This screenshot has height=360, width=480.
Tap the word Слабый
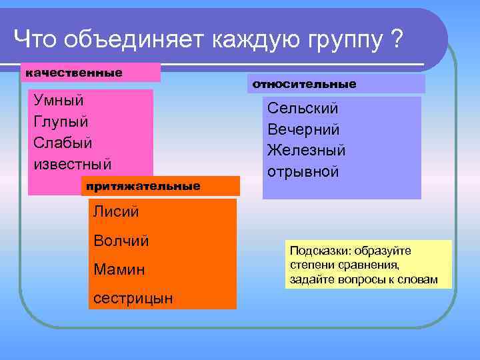coord(63,143)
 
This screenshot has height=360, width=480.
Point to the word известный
coord(73,164)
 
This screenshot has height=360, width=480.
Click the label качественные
coord(74,72)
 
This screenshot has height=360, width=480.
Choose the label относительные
coord(303,85)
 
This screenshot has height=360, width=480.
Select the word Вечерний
coord(304,129)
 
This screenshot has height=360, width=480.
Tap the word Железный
coord(307,150)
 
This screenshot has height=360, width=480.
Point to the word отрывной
coord(303,171)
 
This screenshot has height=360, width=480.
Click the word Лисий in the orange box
coord(116,212)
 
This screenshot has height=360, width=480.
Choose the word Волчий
coord(121,241)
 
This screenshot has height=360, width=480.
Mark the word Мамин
coord(118,269)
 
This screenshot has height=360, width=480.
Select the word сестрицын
coord(133,298)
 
